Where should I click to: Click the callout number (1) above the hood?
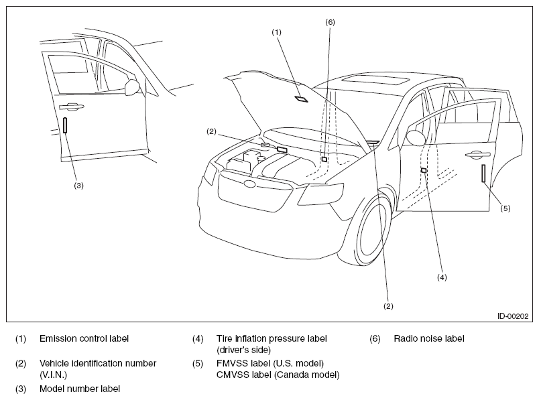pyautogui.click(x=276, y=32)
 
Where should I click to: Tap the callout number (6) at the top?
pyautogui.click(x=330, y=22)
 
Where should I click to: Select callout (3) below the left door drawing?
pyautogui.click(x=78, y=186)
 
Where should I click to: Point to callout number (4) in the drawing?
pyautogui.click(x=442, y=277)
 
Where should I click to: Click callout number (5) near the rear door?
pyautogui.click(x=505, y=208)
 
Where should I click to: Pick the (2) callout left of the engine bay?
pyautogui.click(x=211, y=131)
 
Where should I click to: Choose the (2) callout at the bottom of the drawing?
pyautogui.click(x=388, y=306)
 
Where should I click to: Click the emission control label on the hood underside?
pyautogui.click(x=301, y=99)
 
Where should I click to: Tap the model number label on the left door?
pyautogui.click(x=65, y=125)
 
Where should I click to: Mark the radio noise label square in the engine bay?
pyautogui.click(x=324, y=159)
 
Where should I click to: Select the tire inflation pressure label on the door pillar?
pyautogui.click(x=424, y=170)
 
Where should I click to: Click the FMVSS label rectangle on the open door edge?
pyautogui.click(x=483, y=173)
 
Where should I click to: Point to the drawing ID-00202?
pyautogui.click(x=513, y=316)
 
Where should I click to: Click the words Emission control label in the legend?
pyautogui.click(x=84, y=338)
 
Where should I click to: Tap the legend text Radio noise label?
pyautogui.click(x=429, y=338)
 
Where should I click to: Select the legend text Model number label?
pyautogui.click(x=80, y=389)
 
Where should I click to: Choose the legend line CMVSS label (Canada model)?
pyautogui.click(x=278, y=375)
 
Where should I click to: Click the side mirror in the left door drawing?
pyautogui.click(x=132, y=87)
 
